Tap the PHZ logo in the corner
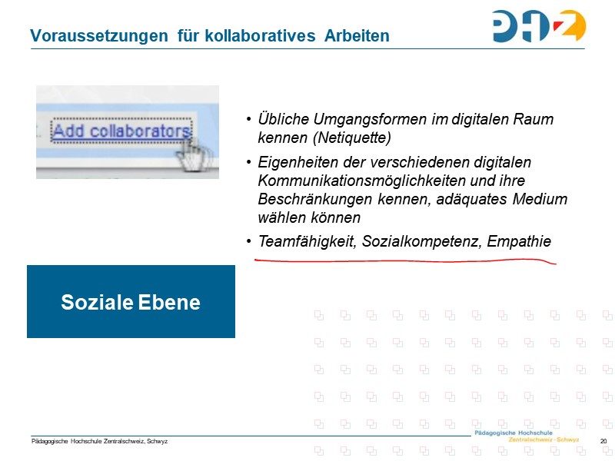tap(539, 26)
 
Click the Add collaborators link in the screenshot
tap(121, 131)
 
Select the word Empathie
tap(519, 241)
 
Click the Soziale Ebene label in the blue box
tap(131, 302)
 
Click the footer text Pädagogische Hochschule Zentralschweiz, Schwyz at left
tap(99, 441)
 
